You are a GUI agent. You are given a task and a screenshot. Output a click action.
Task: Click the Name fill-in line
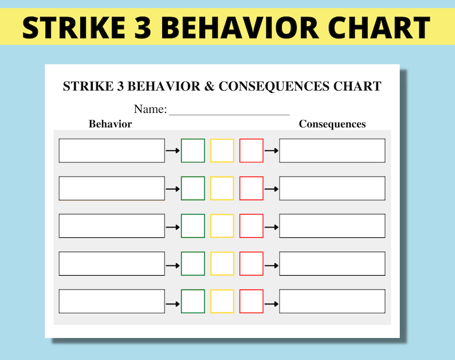click(229, 110)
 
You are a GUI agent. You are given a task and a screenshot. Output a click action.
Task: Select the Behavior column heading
click(111, 124)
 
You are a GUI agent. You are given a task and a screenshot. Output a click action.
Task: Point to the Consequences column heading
click(332, 124)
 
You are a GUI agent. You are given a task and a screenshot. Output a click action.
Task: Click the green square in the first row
click(193, 151)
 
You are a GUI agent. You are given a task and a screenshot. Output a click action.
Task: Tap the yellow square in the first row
click(222, 151)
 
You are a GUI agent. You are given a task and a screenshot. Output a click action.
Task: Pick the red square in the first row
click(251, 151)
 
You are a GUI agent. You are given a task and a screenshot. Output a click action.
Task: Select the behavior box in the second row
click(112, 189)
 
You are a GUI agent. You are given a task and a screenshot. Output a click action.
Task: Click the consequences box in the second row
click(332, 189)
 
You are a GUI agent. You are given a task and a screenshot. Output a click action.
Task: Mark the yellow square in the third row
click(222, 226)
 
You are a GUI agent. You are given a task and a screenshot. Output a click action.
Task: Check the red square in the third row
click(251, 226)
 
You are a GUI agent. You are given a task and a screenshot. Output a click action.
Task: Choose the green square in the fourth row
click(193, 264)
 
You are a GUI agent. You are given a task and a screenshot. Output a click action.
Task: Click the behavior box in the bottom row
click(112, 302)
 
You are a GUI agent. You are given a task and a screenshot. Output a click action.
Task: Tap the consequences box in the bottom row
click(332, 302)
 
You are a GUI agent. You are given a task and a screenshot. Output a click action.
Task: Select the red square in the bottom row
click(251, 302)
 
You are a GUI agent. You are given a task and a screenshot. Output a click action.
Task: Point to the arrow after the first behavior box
click(172, 151)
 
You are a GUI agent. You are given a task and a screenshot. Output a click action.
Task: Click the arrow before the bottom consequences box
click(271, 302)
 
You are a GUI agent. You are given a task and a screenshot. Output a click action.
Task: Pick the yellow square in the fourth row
click(222, 264)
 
